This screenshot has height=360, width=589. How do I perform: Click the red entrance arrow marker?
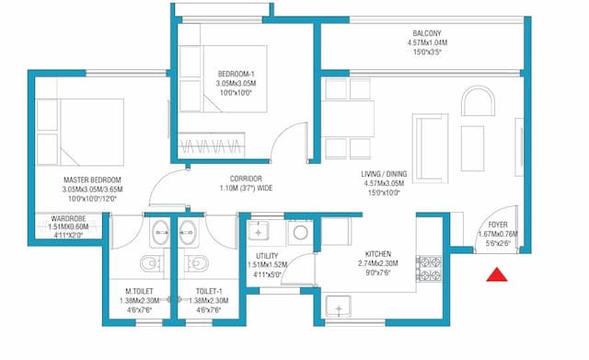(498, 274)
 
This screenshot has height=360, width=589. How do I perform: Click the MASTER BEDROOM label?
(92, 180)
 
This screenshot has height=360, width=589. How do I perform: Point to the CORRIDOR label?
(246, 178)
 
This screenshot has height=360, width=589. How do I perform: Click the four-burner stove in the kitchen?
(429, 268)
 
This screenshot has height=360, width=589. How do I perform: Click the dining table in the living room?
(349, 119)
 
